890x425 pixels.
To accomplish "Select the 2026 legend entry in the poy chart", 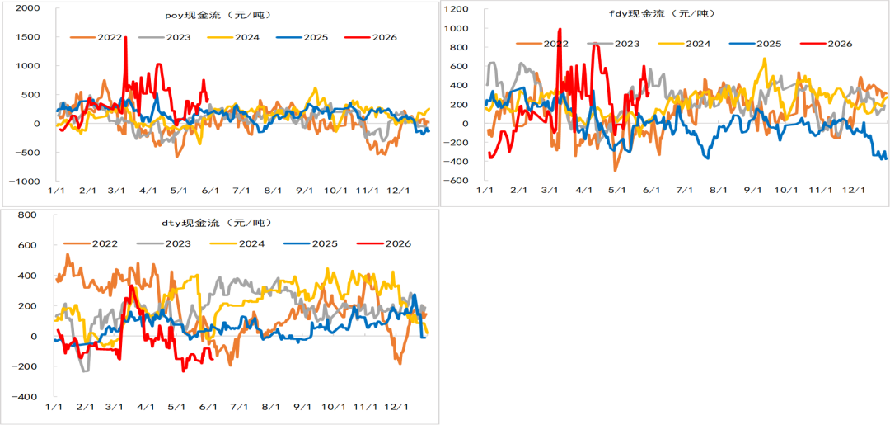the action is click(371, 37).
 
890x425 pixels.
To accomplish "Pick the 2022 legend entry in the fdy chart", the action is click(542, 43).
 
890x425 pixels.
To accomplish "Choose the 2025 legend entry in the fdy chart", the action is click(755, 43).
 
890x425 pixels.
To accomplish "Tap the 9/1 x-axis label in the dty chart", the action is click(302, 408).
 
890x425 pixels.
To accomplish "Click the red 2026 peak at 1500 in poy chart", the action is click(125, 37).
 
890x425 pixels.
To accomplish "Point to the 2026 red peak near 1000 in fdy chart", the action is click(560, 29).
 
